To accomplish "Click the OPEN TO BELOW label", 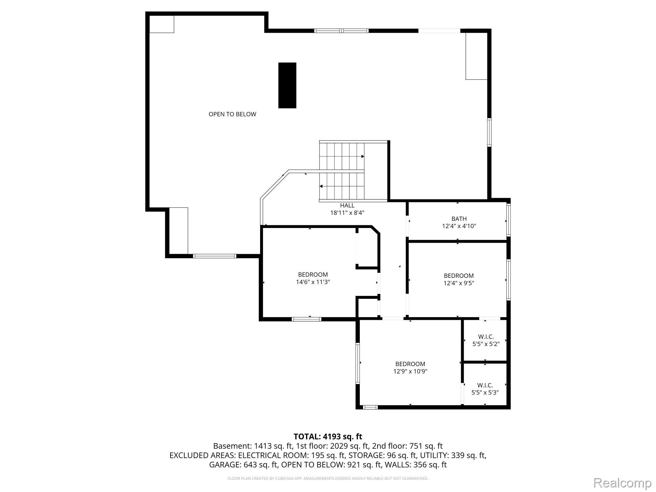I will [x=232, y=114].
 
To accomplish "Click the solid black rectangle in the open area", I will [x=287, y=85].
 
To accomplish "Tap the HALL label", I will [x=347, y=206].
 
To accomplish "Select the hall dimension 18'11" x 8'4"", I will [x=347, y=213].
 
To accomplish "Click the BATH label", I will [x=459, y=219].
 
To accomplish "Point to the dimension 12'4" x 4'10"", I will [x=459, y=226].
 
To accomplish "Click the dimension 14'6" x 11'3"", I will [x=313, y=282].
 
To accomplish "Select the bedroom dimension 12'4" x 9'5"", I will [x=459, y=283].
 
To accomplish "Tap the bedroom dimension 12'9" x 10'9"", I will [x=410, y=371].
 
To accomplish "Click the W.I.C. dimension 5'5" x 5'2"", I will [x=486, y=344].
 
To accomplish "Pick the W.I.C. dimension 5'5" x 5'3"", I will [x=485, y=392].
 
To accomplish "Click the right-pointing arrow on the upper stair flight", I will [x=362, y=156].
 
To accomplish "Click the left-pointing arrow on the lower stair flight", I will [x=321, y=186].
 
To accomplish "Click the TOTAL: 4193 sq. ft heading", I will [x=328, y=437].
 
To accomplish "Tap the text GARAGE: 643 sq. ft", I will [x=244, y=465].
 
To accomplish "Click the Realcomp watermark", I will [x=622, y=483].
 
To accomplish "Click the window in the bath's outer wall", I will [x=508, y=220].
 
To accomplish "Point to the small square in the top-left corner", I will [x=161, y=24].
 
